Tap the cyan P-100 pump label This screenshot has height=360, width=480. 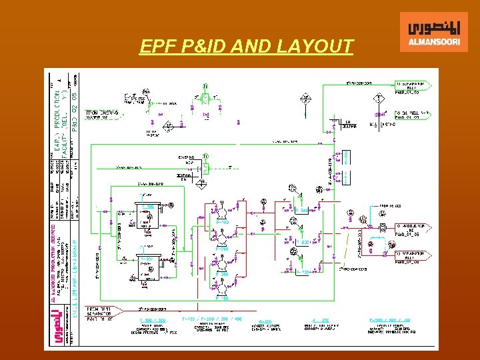click(x=222, y=222)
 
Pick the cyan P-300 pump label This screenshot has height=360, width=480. click(x=222, y=274)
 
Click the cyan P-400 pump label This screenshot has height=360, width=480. click(x=222, y=298)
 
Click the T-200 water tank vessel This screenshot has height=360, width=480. click(x=147, y=268)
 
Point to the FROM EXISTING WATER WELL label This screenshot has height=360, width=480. click(x=100, y=115)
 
